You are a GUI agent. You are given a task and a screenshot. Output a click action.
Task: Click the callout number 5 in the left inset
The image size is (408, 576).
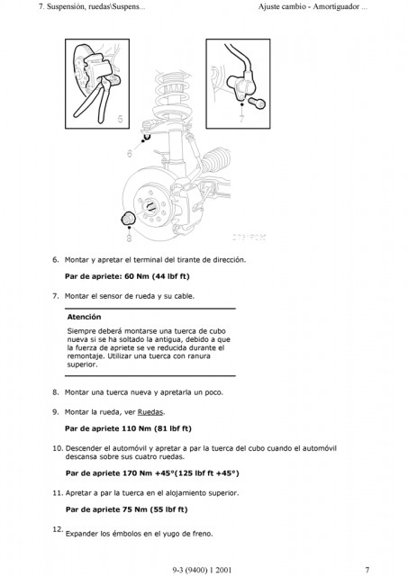click(120, 119)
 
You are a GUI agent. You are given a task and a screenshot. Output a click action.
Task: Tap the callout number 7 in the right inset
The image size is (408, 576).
click(241, 118)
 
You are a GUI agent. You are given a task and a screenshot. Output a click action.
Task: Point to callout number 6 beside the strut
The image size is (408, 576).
click(130, 153)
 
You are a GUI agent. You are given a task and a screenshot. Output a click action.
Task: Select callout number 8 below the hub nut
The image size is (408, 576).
click(129, 238)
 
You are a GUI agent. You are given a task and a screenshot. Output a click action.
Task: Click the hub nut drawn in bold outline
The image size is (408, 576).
click(129, 219)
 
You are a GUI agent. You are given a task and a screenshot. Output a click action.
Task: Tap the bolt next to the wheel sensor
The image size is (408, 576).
click(257, 103)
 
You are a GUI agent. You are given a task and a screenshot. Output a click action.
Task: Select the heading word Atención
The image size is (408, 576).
click(84, 317)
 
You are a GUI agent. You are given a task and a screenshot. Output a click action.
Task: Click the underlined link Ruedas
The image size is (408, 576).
click(150, 412)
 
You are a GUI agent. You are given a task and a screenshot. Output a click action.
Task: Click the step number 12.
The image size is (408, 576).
click(58, 529)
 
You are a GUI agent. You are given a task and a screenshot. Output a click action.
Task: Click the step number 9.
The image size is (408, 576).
click(56, 412)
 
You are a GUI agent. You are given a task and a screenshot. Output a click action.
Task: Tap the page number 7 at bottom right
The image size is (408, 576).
click(367, 570)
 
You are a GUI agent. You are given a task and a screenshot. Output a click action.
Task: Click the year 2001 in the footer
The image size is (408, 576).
click(223, 570)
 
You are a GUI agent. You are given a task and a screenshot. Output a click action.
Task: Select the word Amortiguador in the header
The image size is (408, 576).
click(336, 6)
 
